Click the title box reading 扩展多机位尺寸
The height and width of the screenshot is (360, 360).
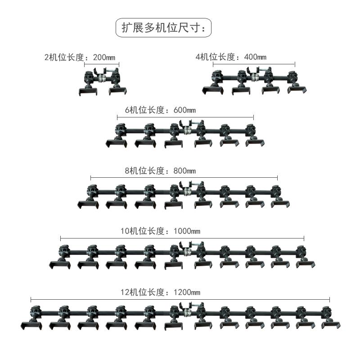click(163, 28)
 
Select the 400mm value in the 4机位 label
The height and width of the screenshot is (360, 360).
click(255, 57)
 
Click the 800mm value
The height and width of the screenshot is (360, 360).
click(184, 171)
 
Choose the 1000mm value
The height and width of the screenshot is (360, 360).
click(186, 231)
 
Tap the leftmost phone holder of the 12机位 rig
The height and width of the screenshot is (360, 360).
click(28, 325)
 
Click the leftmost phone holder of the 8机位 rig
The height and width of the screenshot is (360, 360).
click(87, 204)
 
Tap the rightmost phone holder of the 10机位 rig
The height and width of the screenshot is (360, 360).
click(306, 264)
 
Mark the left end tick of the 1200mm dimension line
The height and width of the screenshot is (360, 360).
click(31, 299)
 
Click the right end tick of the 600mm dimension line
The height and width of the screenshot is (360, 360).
click(253, 117)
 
